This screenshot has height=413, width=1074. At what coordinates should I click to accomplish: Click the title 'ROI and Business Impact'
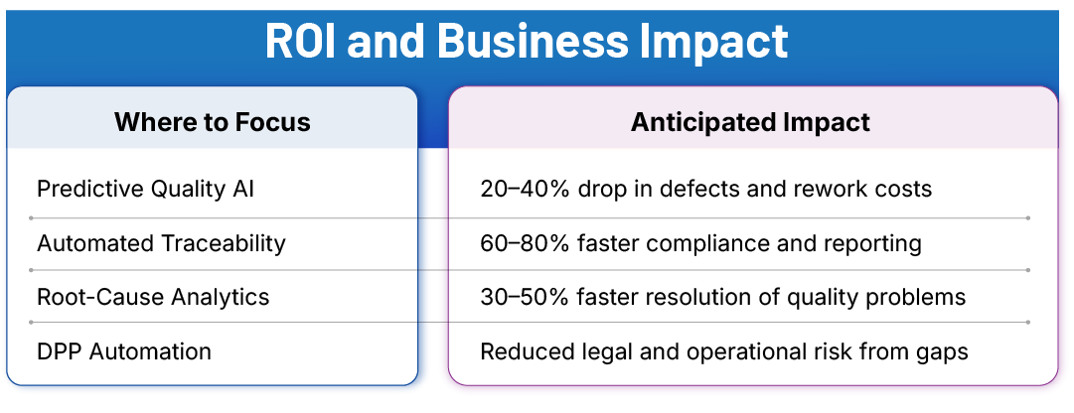click(527, 41)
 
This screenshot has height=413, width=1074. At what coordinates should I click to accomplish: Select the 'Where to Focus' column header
click(212, 122)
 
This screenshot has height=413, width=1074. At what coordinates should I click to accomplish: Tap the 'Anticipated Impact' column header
click(750, 122)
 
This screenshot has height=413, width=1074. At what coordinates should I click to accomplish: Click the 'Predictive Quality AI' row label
click(145, 189)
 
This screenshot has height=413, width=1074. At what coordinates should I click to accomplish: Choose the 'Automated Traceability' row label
click(161, 243)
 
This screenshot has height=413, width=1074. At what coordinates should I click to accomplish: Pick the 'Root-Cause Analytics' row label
click(153, 297)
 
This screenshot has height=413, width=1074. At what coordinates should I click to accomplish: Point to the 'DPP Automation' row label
click(123, 350)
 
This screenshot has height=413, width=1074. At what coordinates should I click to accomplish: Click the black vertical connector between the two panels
click(434, 270)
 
